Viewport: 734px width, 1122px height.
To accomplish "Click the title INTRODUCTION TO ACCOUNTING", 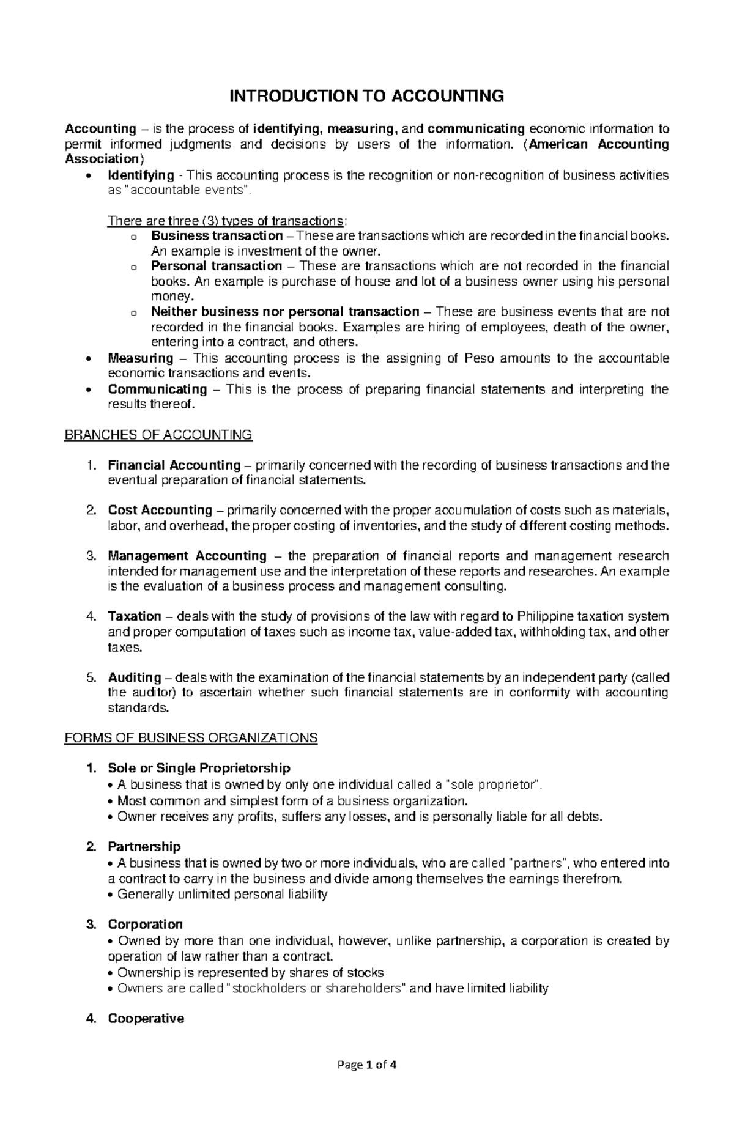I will [366, 96].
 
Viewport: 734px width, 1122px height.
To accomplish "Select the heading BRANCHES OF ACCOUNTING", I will [158, 435].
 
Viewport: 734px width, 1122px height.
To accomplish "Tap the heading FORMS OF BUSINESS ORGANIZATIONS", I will [191, 737].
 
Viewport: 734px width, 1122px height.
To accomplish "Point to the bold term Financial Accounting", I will [174, 465].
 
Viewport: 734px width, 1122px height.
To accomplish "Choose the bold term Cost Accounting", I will [160, 510].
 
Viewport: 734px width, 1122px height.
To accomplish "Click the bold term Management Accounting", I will [187, 556].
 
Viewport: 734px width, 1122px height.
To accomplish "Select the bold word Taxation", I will [135, 616].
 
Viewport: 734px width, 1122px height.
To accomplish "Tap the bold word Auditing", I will [135, 677].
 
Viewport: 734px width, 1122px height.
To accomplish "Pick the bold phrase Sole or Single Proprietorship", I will [199, 768].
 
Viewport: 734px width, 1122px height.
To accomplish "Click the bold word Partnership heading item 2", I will [144, 847].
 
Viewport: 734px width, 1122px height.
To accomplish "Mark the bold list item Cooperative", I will [146, 1019].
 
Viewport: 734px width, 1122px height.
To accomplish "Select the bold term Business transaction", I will [217, 236].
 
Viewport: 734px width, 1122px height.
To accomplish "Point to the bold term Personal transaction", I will [217, 266].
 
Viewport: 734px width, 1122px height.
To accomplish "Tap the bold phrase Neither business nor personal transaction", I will [285, 312].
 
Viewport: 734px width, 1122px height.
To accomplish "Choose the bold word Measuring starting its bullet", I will [141, 358].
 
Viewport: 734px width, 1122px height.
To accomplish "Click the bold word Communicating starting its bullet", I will [158, 389].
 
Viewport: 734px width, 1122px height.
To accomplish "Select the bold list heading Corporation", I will [145, 925].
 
